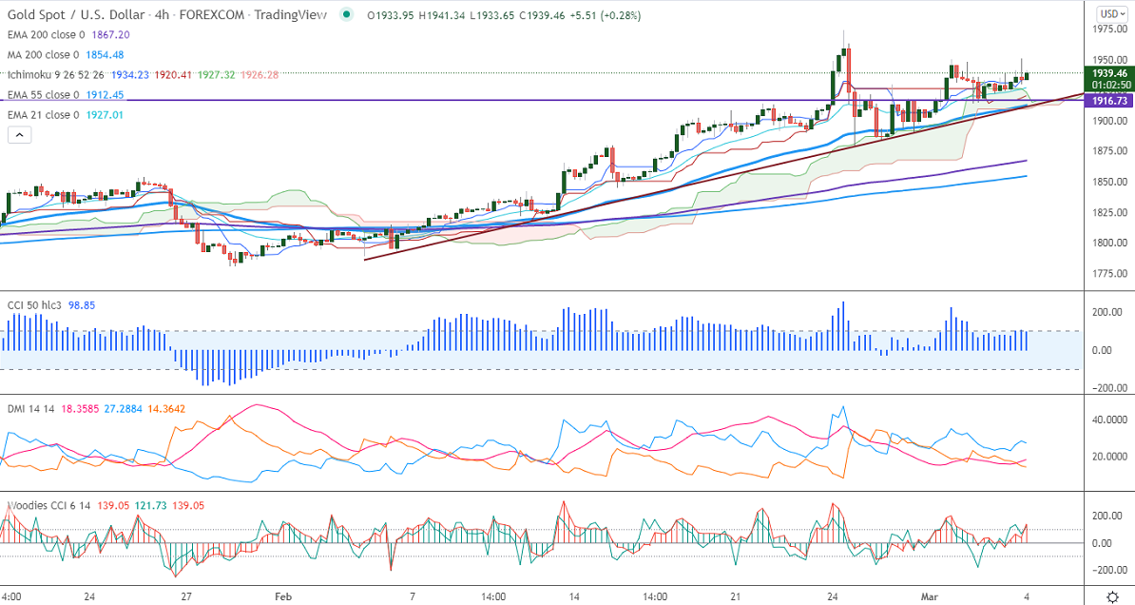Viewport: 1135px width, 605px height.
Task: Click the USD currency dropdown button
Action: (1109, 13)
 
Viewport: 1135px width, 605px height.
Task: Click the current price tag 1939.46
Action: (1110, 72)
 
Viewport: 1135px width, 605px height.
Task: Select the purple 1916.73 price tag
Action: (1110, 100)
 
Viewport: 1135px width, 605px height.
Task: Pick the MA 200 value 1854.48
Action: (105, 54)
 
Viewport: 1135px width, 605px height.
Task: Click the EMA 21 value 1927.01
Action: (105, 115)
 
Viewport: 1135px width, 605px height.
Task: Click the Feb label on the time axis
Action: (282, 596)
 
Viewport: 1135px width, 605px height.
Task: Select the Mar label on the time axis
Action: (931, 596)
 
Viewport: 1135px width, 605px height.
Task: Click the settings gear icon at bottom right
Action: (1113, 596)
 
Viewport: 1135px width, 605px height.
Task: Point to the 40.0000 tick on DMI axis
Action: (1108, 420)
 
